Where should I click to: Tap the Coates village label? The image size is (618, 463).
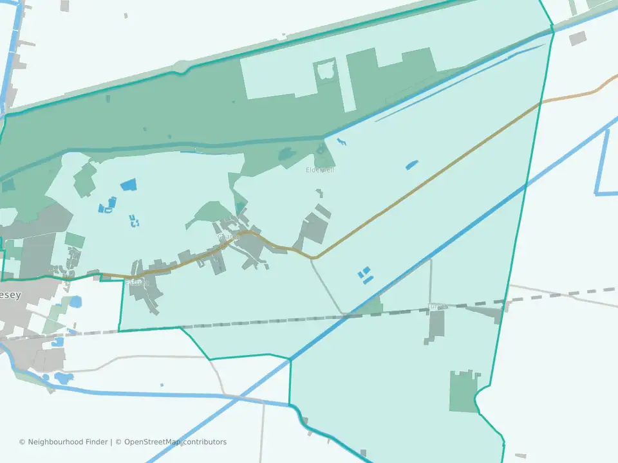pyautogui.click(x=227, y=237)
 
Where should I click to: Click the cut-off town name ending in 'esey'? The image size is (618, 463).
pyautogui.click(x=10, y=296)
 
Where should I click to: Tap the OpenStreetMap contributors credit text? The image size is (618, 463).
pyautogui.click(x=175, y=442)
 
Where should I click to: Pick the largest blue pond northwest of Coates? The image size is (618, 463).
pyautogui.click(x=129, y=185)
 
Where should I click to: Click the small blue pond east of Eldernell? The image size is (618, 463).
pyautogui.click(x=411, y=165)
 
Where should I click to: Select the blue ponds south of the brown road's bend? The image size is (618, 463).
pyautogui.click(x=365, y=276)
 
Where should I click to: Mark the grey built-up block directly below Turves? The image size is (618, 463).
pyautogui.click(x=436, y=325)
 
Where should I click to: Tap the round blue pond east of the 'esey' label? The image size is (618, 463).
pyautogui.click(x=75, y=301)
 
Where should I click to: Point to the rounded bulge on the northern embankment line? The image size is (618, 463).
pyautogui.click(x=183, y=66)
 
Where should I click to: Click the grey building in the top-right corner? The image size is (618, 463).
pyautogui.click(x=577, y=38)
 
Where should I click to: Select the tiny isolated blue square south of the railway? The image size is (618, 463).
pyautogui.click(x=162, y=385)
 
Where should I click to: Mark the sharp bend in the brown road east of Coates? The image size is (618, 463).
pyautogui.click(x=314, y=257)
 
